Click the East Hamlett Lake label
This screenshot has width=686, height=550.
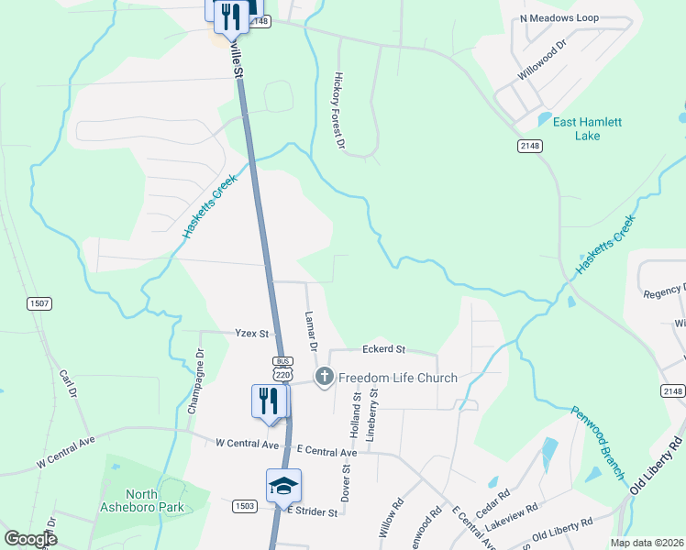click(587, 128)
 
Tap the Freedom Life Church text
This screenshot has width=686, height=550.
click(398, 378)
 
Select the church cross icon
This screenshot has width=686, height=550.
click(324, 377)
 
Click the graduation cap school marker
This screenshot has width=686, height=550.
click(284, 486)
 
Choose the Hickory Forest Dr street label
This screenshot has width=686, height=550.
click(339, 111)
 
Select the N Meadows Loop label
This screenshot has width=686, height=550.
click(559, 18)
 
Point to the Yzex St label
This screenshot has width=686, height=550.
click(250, 334)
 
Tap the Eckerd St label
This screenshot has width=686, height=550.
click(383, 349)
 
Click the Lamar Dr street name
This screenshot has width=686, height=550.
click(310, 331)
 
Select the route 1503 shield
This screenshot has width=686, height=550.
click(245, 505)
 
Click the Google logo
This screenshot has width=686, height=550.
click(30, 539)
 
